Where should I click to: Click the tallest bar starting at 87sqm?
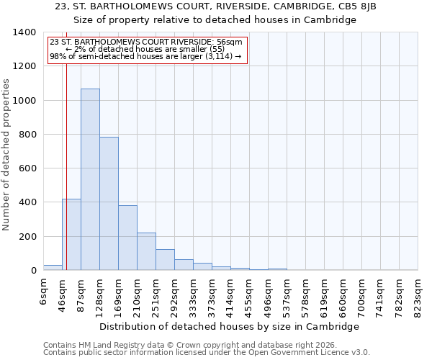(x=90, y=179)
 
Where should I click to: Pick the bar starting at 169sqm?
(x=127, y=238)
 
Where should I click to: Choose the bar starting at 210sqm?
(x=146, y=251)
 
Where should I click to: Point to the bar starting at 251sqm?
(x=165, y=260)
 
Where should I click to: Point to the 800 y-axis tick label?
(x=27, y=135)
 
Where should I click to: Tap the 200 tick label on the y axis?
(x=27, y=237)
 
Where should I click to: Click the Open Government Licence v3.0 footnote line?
(x=207, y=353)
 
